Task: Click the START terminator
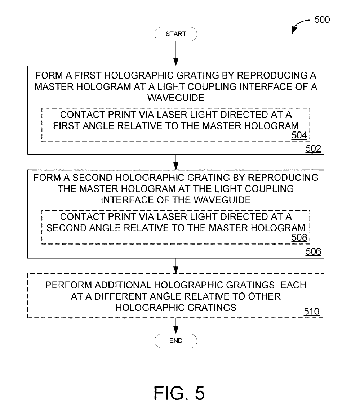click(x=176, y=34)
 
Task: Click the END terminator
click(x=176, y=341)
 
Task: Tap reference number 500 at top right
click(x=322, y=20)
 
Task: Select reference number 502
click(x=313, y=148)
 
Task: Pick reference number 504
click(x=299, y=135)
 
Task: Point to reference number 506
click(x=313, y=251)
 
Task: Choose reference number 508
click(x=299, y=237)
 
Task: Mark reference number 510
click(x=311, y=311)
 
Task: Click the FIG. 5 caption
click(x=179, y=393)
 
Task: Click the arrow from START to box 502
click(x=176, y=53)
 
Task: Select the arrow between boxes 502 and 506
click(x=176, y=162)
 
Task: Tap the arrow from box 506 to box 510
click(x=176, y=266)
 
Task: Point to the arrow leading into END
click(x=176, y=326)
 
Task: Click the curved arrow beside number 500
click(x=299, y=24)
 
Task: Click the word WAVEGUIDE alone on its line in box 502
click(x=176, y=98)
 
